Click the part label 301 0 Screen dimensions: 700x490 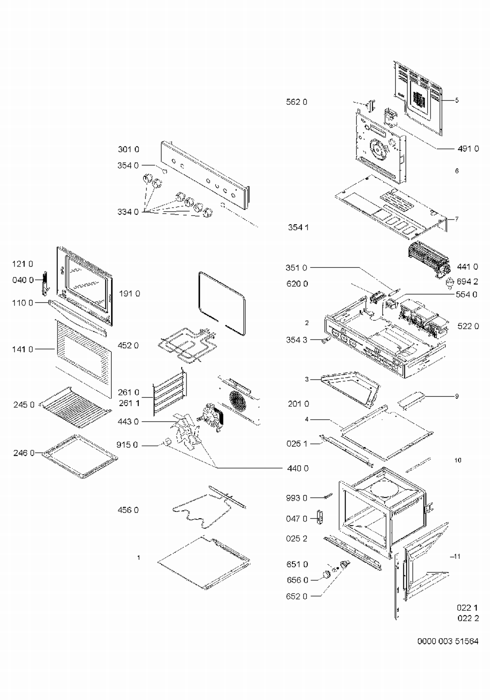[128, 149]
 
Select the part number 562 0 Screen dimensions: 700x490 [297, 102]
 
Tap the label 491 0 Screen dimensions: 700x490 [468, 149]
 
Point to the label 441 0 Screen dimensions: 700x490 [467, 267]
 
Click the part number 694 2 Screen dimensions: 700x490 [467, 282]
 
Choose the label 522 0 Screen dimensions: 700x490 [468, 326]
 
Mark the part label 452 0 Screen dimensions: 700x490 [128, 345]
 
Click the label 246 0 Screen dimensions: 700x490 [24, 453]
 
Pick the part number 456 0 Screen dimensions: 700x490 [128, 510]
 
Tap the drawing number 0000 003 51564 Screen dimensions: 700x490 [448, 641]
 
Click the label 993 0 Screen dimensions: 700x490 [297, 498]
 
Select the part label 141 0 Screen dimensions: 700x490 [23, 349]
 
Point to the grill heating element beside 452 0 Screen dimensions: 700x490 [186, 345]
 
